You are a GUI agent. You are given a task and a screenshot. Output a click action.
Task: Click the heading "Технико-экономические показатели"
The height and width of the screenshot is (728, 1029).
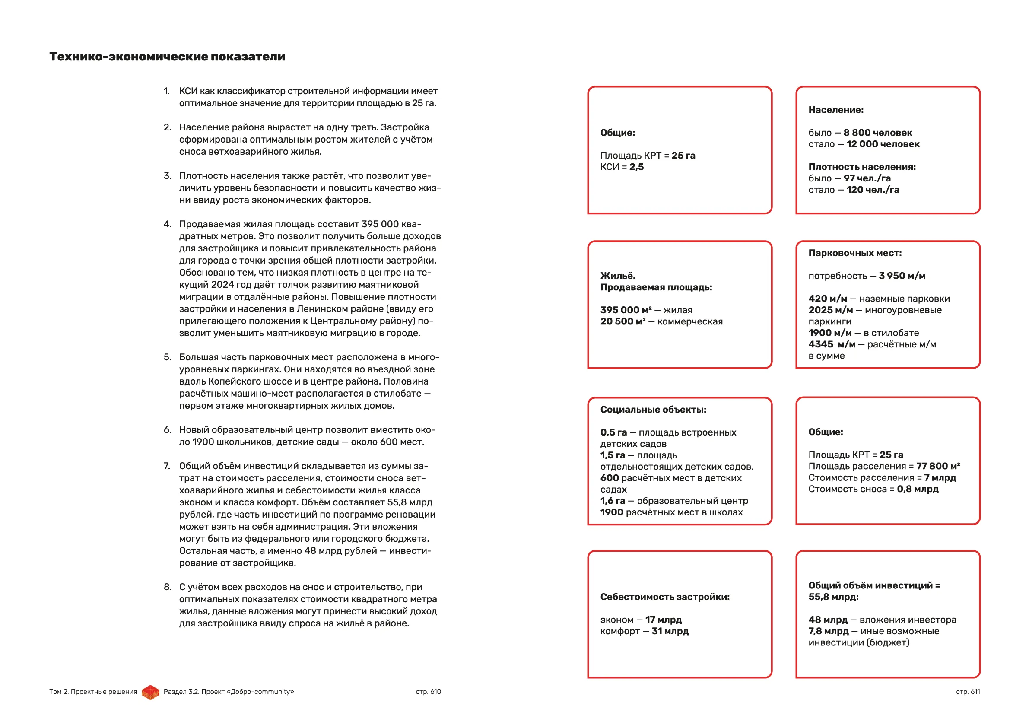coord(167,57)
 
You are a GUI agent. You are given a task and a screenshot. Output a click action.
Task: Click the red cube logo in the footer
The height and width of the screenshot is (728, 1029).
coord(151,692)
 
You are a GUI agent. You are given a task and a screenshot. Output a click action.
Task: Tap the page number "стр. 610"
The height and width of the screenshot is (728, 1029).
coord(428,692)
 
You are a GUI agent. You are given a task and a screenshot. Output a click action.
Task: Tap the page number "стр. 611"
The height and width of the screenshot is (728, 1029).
coord(968,692)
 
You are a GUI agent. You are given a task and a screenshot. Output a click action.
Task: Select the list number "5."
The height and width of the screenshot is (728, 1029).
coord(168,357)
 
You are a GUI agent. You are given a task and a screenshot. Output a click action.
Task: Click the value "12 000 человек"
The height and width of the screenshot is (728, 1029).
coord(883,144)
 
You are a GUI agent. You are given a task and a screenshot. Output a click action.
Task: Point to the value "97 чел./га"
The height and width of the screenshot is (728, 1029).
coord(867,178)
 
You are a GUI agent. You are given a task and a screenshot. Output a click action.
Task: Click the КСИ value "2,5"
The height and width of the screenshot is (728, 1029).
coord(636,167)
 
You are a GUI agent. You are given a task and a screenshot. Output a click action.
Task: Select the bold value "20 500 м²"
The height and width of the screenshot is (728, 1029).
coord(623,321)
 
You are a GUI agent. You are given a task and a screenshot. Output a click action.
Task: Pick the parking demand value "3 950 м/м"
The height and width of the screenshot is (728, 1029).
coord(902,276)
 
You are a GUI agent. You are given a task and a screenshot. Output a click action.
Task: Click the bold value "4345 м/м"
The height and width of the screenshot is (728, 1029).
coord(831,344)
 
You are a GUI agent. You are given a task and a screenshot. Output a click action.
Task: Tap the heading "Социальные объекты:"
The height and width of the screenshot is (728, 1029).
coord(653,410)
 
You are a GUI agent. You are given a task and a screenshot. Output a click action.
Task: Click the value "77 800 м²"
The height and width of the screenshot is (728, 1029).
coord(938,466)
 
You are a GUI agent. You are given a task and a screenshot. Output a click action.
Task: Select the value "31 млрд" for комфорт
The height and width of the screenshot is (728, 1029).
coord(670,631)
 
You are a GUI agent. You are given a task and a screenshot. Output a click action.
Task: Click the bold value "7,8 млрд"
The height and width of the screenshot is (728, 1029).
coord(828,631)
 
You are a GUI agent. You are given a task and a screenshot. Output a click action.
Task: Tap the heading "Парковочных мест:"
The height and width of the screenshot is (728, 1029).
coord(854,253)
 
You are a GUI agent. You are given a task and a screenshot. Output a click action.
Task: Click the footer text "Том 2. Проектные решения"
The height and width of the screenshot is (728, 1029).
coord(93,692)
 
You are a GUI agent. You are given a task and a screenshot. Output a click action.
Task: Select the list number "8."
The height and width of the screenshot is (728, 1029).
coord(168,587)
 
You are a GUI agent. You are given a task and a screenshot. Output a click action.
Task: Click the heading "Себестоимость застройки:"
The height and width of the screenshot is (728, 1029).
coord(665,597)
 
